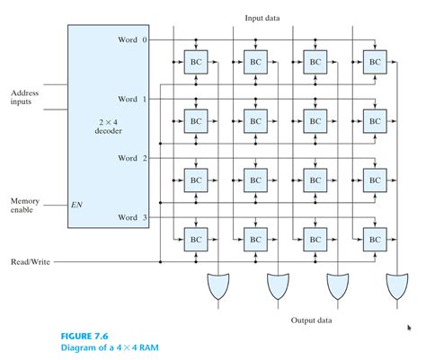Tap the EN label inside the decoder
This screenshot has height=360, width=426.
point(76,205)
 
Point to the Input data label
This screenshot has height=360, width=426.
point(264,17)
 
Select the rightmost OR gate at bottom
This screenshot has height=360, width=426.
point(396,287)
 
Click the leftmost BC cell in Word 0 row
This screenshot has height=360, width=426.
point(196,62)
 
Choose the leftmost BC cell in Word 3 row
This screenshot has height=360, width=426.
point(196,240)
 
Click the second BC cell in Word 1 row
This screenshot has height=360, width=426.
point(255,121)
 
